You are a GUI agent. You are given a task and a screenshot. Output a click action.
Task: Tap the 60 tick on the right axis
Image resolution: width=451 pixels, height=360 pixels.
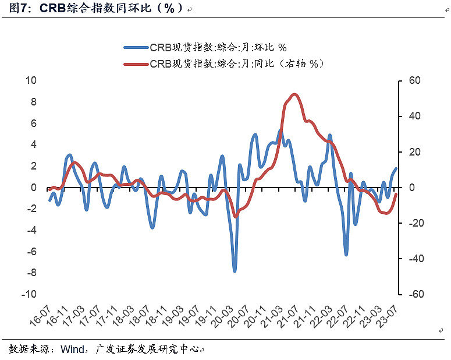click(413, 80)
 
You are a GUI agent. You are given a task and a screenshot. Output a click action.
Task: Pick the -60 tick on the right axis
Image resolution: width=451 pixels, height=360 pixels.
click(414, 294)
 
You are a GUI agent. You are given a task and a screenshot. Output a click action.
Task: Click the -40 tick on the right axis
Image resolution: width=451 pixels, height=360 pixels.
click(414, 259)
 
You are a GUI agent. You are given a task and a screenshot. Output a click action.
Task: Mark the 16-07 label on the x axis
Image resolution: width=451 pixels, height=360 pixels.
click(40, 315)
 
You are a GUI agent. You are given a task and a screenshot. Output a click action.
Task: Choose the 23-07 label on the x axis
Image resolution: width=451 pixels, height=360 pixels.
click(388, 315)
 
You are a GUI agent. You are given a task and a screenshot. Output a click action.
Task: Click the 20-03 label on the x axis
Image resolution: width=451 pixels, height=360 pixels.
click(222, 315)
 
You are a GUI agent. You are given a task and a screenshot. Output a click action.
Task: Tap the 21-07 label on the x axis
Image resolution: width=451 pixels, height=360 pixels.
click(289, 315)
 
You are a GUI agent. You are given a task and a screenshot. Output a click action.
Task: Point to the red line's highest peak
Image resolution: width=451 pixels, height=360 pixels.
click(294, 94)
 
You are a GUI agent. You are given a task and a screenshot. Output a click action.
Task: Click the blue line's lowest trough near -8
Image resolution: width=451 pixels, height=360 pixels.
click(235, 271)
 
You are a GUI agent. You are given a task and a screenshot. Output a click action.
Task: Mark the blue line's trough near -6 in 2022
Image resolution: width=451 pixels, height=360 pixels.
click(346, 255)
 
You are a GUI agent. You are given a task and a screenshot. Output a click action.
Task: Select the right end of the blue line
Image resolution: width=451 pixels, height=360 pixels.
click(396, 168)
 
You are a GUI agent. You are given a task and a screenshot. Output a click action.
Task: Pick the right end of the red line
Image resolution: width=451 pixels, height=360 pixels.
click(396, 195)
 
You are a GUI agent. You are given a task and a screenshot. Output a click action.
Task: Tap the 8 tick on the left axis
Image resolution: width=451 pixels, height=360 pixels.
click(33, 102)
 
